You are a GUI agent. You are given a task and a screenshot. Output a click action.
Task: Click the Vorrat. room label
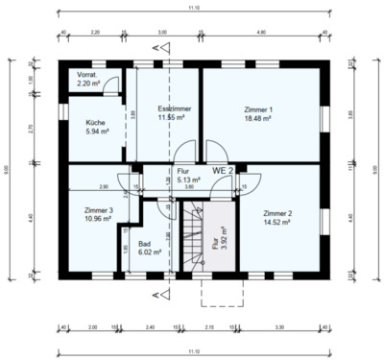(87, 75)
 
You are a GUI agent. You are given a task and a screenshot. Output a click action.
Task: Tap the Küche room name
(96, 123)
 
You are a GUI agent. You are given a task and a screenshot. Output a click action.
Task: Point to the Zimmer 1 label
(257, 109)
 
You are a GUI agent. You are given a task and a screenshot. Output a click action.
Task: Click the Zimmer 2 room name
(276, 212)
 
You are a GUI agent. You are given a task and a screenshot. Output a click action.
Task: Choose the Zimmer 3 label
(99, 209)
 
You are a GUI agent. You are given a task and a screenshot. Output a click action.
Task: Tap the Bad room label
(145, 244)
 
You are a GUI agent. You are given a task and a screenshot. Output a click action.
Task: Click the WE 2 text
(223, 170)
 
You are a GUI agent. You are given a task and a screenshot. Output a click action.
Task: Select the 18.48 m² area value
(258, 118)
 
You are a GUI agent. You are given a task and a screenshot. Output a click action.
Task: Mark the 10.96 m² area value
(99, 218)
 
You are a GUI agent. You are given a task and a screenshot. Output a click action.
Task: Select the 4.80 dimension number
(262, 32)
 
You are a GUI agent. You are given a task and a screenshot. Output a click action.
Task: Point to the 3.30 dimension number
(289, 327)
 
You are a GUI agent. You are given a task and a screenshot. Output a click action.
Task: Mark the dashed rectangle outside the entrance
(222, 291)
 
